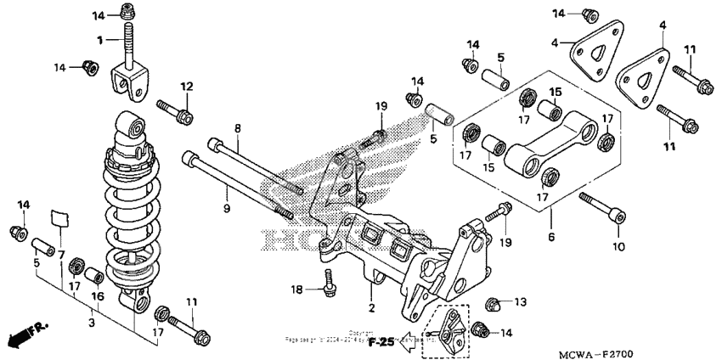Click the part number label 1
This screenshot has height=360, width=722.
[x=99, y=40]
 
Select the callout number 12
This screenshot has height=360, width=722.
[x=186, y=86]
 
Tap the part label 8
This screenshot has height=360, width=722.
[x=238, y=128]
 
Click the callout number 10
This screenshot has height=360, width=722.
[x=618, y=246]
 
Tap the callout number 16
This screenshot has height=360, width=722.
[x=97, y=296]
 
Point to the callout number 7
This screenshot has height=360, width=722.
[x=60, y=256]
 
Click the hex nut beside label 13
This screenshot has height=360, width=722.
[x=494, y=303]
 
